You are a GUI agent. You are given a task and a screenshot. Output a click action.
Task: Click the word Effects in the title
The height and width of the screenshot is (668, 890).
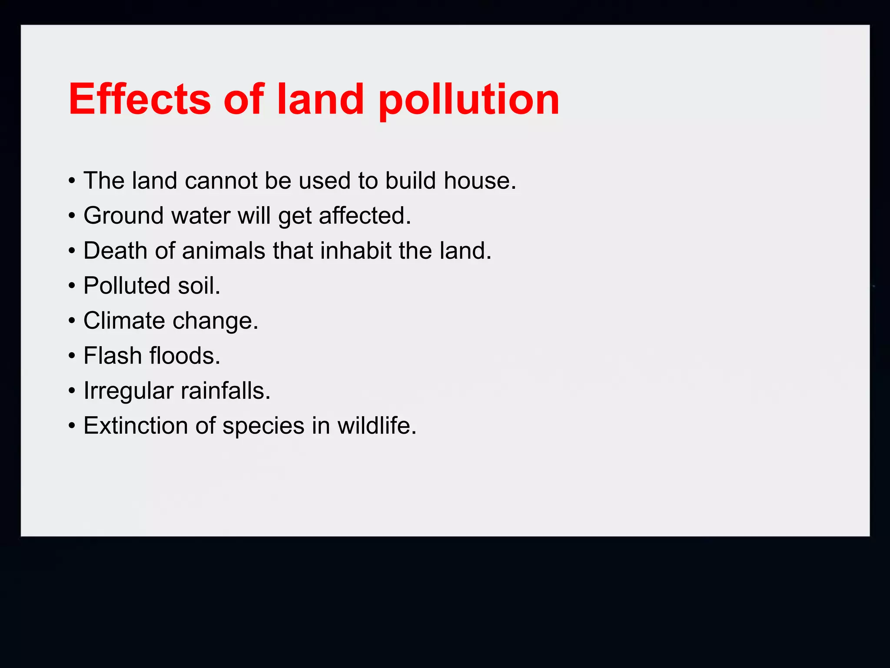tap(139, 100)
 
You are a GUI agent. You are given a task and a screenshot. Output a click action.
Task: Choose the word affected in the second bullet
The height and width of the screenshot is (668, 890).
tap(365, 216)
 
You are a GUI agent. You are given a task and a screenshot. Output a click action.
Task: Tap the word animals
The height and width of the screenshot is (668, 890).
tap(223, 251)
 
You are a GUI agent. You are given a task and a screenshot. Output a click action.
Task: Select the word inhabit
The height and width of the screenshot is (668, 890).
tap(355, 251)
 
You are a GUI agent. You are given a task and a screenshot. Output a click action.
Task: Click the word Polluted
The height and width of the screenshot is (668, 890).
tap(126, 286)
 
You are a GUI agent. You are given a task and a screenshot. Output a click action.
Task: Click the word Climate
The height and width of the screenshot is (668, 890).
tap(124, 321)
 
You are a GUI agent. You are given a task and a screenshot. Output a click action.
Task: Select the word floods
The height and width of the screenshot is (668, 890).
tap(185, 356)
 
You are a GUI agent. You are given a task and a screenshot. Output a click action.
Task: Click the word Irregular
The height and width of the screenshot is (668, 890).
tap(128, 391)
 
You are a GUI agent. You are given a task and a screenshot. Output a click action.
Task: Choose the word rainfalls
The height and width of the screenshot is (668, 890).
tap(226, 391)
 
